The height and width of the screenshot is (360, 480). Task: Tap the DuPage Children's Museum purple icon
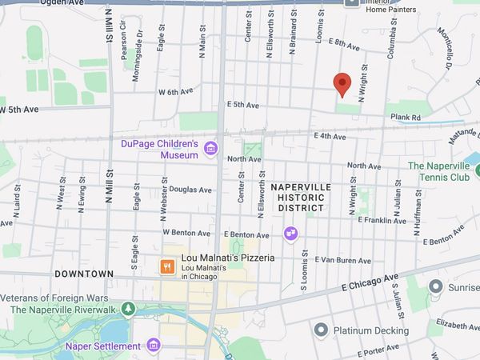(210, 147)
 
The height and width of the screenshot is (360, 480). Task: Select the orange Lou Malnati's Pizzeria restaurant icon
(168, 267)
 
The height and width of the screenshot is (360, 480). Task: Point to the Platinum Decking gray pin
(322, 330)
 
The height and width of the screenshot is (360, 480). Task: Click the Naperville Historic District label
(300, 197)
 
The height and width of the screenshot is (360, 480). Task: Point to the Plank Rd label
(405, 117)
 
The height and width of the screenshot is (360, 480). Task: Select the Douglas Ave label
(190, 190)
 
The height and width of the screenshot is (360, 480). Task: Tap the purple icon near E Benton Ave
(290, 233)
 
